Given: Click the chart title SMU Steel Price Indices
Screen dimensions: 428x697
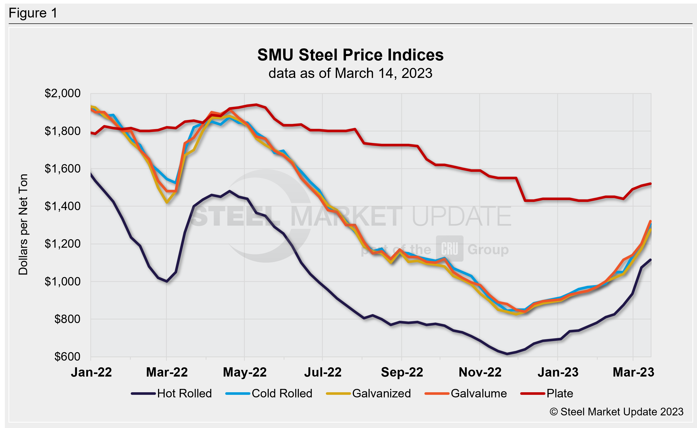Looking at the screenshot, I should [350, 55].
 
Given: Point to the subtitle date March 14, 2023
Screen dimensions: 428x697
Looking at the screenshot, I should [384, 73].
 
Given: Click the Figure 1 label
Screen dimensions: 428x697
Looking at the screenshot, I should [33, 13].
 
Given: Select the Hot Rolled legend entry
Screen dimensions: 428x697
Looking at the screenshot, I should [184, 394].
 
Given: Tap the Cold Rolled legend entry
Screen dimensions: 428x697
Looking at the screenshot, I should [282, 394].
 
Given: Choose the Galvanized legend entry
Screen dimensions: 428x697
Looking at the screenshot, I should [381, 394].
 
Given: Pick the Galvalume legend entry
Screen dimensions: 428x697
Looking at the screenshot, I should [479, 394].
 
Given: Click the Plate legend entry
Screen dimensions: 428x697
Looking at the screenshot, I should [560, 394].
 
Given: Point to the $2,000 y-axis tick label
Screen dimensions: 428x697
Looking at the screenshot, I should [63, 93].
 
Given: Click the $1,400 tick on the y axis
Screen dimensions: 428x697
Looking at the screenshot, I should [63, 206].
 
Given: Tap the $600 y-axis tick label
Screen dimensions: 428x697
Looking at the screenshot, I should [67, 357].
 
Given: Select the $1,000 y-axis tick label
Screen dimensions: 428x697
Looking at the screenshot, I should [63, 281].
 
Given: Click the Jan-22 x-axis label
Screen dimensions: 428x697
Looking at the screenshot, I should [91, 372].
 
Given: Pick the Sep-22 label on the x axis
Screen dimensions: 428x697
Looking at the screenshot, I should [402, 372].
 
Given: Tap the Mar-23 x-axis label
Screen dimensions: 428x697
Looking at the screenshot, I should [633, 372].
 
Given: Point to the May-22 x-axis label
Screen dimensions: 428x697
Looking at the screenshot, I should [245, 372].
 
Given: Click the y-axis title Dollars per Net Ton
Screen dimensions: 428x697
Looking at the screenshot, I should [23, 225].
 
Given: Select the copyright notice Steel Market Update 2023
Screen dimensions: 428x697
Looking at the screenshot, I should [616, 412].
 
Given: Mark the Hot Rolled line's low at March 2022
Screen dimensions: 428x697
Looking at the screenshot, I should [167, 281].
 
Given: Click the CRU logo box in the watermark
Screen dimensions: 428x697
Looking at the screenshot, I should [449, 248].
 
